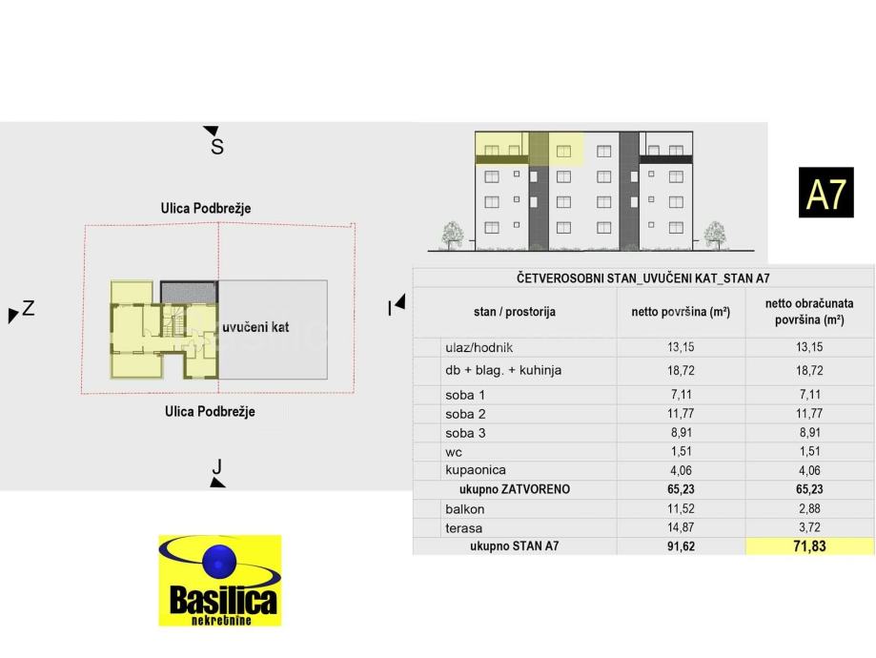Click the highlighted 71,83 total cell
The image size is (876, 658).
(x=809, y=546)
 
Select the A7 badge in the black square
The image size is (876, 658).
(x=825, y=194)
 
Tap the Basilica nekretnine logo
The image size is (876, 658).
(x=219, y=580)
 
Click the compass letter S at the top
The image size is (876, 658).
(x=217, y=147)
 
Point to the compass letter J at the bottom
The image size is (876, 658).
(x=217, y=466)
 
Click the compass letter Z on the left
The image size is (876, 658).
(x=29, y=308)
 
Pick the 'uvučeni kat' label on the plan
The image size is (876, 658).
(x=255, y=327)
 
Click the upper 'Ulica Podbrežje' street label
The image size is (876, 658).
(x=205, y=208)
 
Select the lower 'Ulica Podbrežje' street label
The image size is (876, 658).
(x=210, y=412)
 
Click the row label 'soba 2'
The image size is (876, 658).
(x=465, y=414)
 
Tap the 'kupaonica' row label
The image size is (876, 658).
(x=476, y=470)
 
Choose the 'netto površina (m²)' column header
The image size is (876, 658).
(x=681, y=312)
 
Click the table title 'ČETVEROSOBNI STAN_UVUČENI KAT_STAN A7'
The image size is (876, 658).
(x=643, y=278)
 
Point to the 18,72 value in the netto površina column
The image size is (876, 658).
(x=681, y=370)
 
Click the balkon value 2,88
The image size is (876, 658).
(x=809, y=509)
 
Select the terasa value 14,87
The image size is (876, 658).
(x=681, y=528)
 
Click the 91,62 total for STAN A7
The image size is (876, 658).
(x=681, y=547)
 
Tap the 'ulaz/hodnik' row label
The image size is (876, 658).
(x=479, y=348)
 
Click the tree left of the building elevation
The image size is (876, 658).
(x=453, y=234)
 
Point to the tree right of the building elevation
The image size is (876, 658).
(x=714, y=234)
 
